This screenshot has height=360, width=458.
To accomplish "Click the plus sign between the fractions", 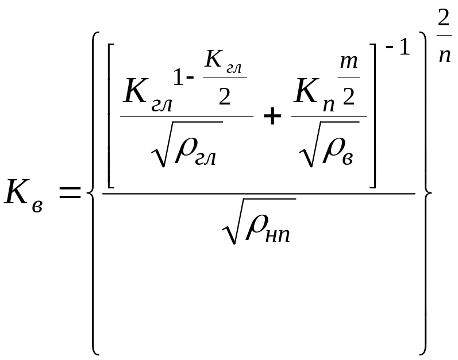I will coord(272,118).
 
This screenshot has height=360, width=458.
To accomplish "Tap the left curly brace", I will coord(93,192).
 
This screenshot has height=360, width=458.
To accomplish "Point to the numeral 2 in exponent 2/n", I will coord(443,18).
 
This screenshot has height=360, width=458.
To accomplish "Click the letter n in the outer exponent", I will coord(443,56).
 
